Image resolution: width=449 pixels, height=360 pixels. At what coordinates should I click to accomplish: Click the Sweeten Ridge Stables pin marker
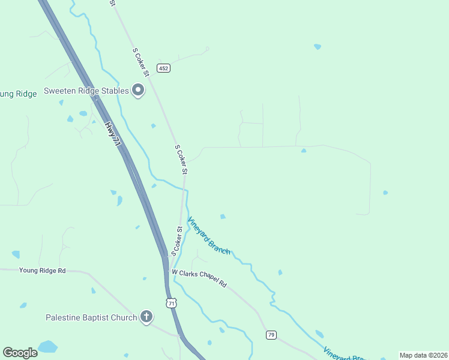(139, 91)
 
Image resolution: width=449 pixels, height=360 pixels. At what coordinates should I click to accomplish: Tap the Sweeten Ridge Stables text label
(86, 91)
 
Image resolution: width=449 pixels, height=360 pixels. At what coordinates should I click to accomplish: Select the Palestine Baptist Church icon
(146, 317)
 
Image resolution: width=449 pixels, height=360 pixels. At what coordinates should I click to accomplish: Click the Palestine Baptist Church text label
(91, 317)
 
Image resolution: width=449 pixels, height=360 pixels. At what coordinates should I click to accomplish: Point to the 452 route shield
(163, 68)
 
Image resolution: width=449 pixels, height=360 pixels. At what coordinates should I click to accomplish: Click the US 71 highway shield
(172, 304)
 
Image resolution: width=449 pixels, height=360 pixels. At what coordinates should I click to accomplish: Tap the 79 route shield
(271, 334)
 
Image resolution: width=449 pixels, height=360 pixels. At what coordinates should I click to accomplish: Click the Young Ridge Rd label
(42, 271)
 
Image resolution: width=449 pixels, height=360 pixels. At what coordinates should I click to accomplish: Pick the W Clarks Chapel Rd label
(199, 277)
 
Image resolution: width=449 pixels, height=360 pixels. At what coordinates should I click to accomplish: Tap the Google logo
(20, 353)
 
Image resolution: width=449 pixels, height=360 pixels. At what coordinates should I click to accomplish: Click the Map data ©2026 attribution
(423, 355)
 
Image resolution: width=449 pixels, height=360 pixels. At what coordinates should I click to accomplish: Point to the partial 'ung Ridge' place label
(18, 94)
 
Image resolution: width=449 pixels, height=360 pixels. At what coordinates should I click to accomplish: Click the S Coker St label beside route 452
(140, 62)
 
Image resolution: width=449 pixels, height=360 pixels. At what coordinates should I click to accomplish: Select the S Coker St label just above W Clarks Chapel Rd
(176, 241)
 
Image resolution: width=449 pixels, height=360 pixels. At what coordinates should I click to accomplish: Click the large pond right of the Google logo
(47, 347)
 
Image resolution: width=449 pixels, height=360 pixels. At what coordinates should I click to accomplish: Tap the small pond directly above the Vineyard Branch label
(223, 217)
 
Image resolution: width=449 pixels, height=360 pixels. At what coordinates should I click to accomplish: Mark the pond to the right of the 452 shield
(317, 46)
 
